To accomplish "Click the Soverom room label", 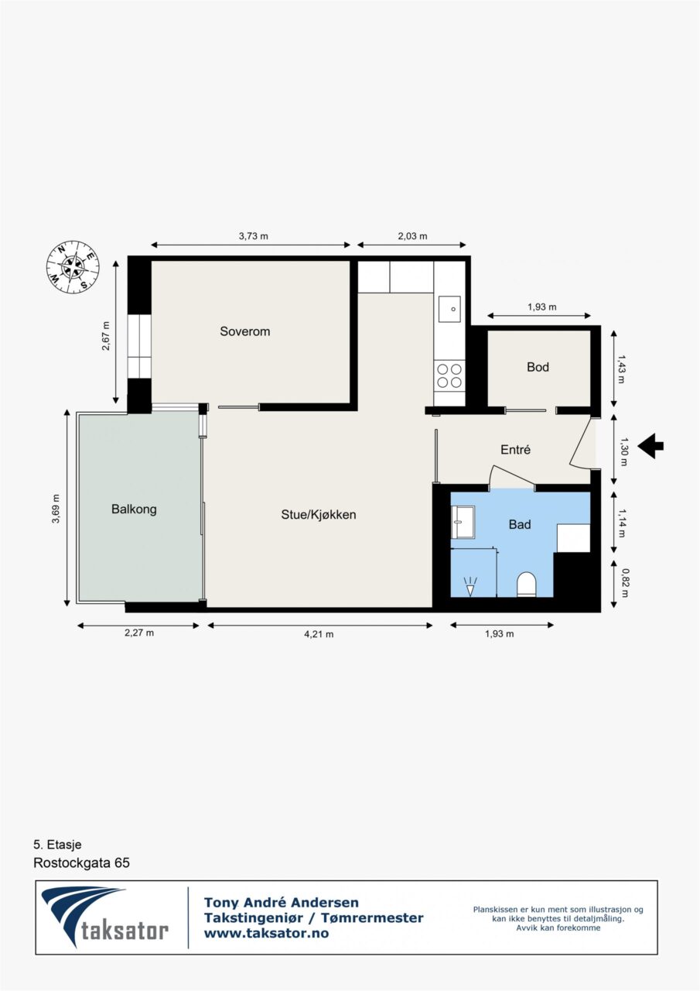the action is (245, 331).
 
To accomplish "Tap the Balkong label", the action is (134, 509).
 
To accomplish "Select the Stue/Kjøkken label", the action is (319, 515).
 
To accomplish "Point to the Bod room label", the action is (538, 367).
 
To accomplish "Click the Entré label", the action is (515, 450).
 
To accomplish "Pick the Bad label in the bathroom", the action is (520, 524).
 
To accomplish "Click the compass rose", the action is (73, 267).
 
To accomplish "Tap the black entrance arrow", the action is (652, 446).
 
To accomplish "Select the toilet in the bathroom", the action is (526, 584).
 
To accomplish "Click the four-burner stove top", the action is (449, 375).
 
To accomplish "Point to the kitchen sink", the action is (449, 309).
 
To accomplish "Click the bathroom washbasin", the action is (463, 522).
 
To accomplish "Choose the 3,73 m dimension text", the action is (253, 236).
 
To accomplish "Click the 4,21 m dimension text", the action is (319, 634).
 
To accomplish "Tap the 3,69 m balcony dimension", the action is (56, 509).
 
